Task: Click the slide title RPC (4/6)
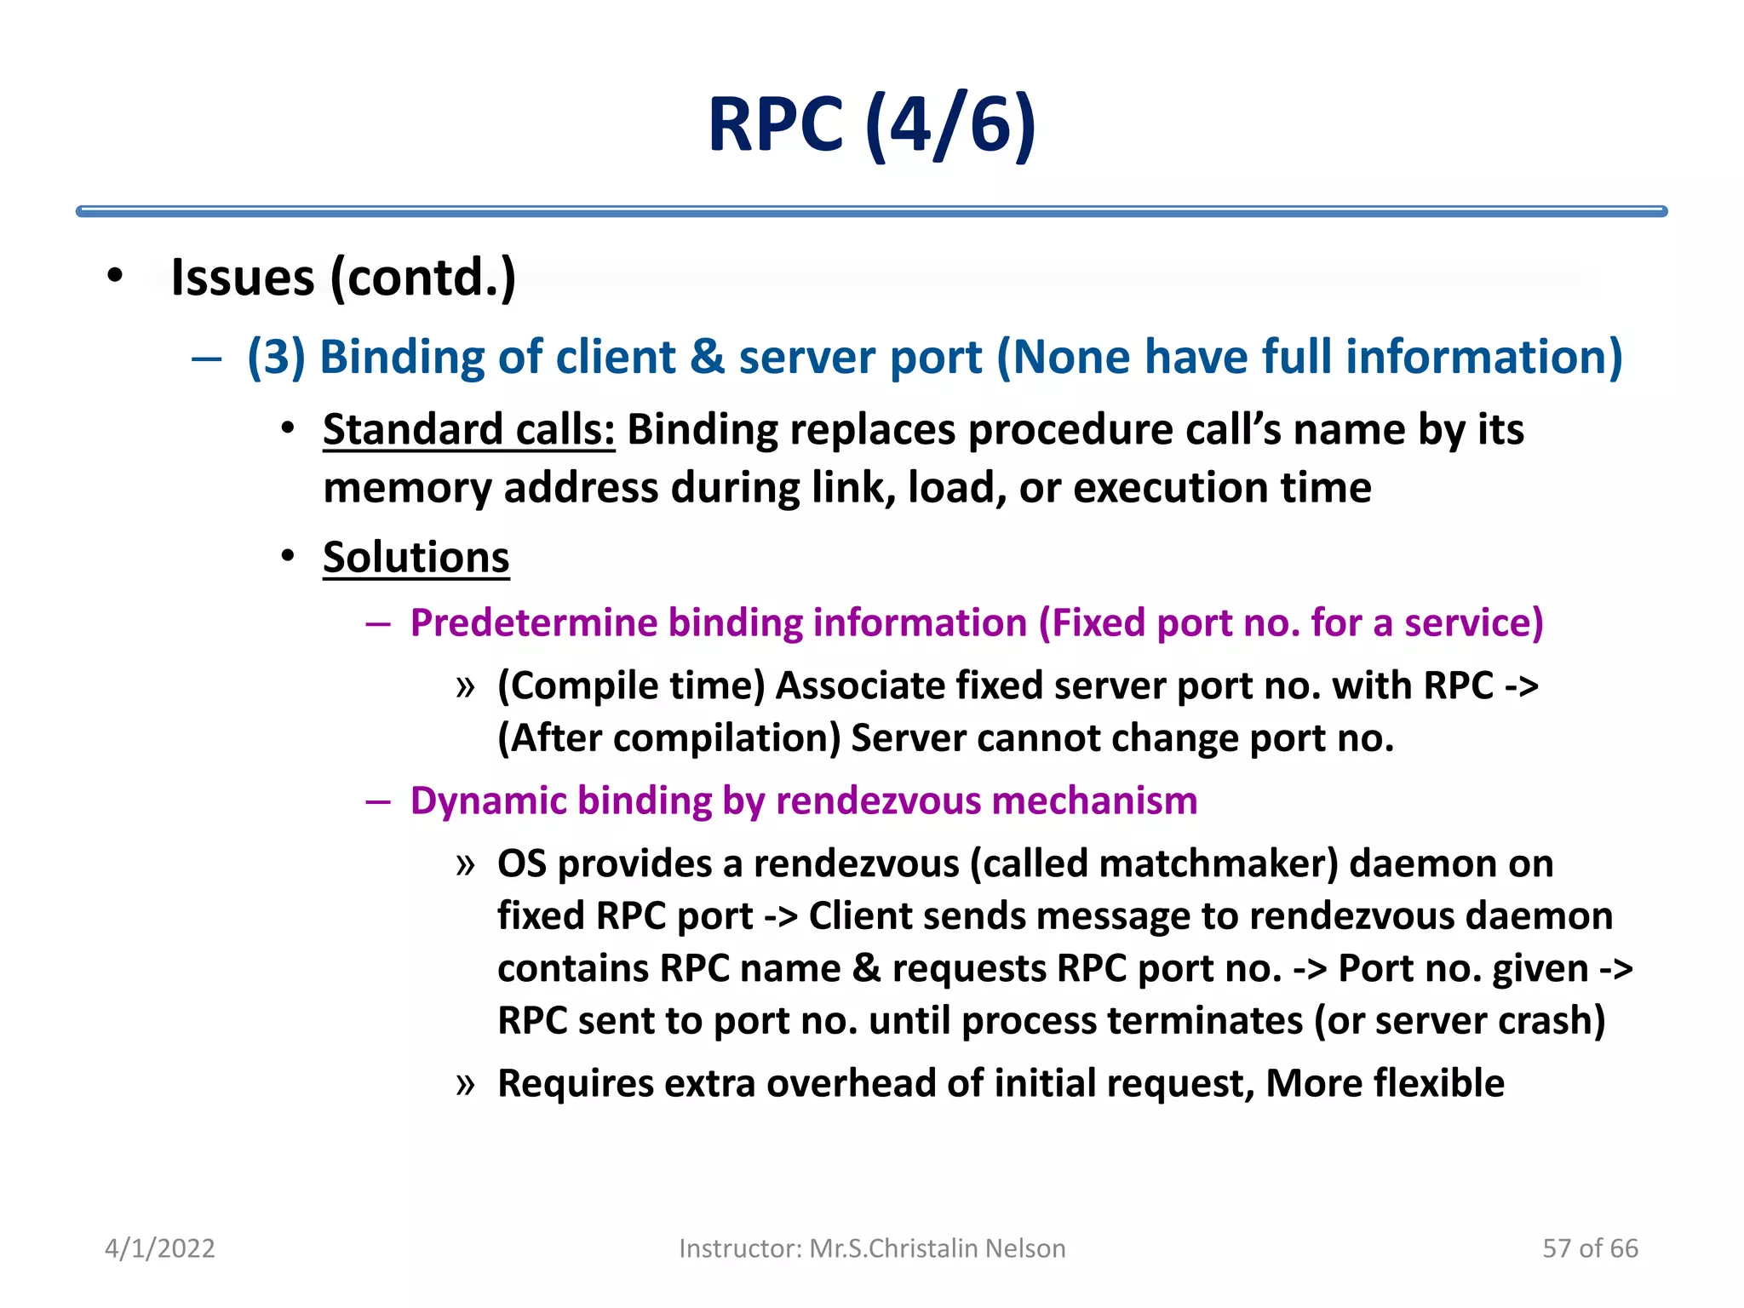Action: [x=871, y=125]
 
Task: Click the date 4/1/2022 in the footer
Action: [x=160, y=1248]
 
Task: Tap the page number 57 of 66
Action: [x=1590, y=1248]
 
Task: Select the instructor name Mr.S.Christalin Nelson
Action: [x=937, y=1248]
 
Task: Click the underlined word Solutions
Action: [x=416, y=558]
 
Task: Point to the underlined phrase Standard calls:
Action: [x=468, y=429]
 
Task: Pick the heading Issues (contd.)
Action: [x=343, y=278]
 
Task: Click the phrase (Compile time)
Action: [x=631, y=686]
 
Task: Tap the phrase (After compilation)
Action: [x=669, y=738]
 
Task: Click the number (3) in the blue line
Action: [x=276, y=357]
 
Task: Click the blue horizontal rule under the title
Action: [x=871, y=211]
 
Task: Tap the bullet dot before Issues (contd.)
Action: [x=115, y=276]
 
